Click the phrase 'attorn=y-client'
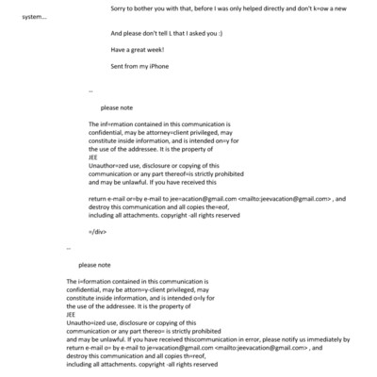pos(159,290)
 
